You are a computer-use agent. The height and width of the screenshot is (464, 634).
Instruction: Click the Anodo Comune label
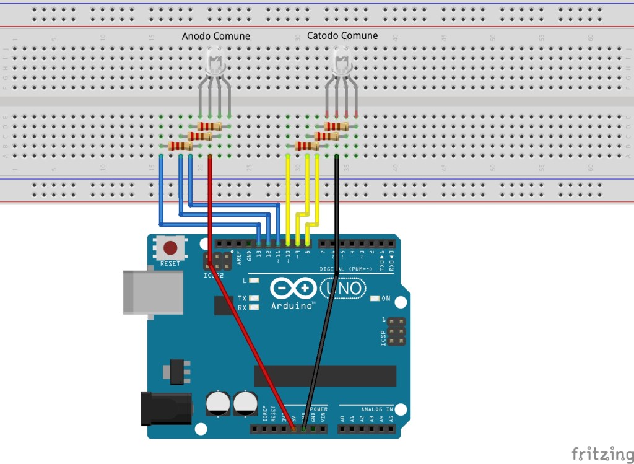point(215,37)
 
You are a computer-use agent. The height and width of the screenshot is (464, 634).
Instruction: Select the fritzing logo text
point(597,453)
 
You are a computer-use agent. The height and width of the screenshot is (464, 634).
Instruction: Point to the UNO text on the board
point(342,287)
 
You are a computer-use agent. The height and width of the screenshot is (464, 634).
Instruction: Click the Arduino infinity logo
point(293,289)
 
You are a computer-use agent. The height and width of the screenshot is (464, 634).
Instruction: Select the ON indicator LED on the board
point(374,299)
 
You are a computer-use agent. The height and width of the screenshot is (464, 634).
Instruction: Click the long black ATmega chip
point(325,375)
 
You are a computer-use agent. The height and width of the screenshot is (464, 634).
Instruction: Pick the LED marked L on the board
point(254,281)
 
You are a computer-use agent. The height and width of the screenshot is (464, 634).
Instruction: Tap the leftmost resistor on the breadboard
point(180,146)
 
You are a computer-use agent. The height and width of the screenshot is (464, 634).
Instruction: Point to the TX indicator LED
point(254,299)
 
